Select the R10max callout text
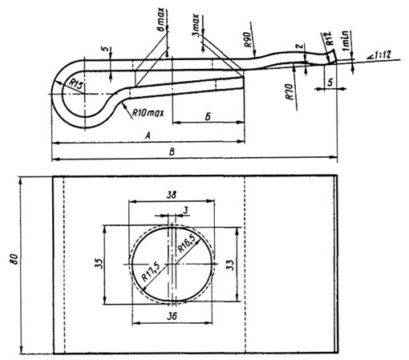(x=148, y=113)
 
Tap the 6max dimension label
(x=161, y=19)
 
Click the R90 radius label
(x=248, y=39)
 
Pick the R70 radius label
(x=290, y=91)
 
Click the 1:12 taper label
(x=380, y=55)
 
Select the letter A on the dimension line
(x=148, y=136)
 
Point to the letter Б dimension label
(x=208, y=117)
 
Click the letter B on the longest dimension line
(x=172, y=152)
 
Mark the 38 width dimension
(x=172, y=195)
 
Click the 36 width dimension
(x=172, y=317)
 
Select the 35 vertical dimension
(x=99, y=264)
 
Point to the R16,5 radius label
(x=187, y=244)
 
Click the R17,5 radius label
(x=151, y=272)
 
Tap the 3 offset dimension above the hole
(x=186, y=211)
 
